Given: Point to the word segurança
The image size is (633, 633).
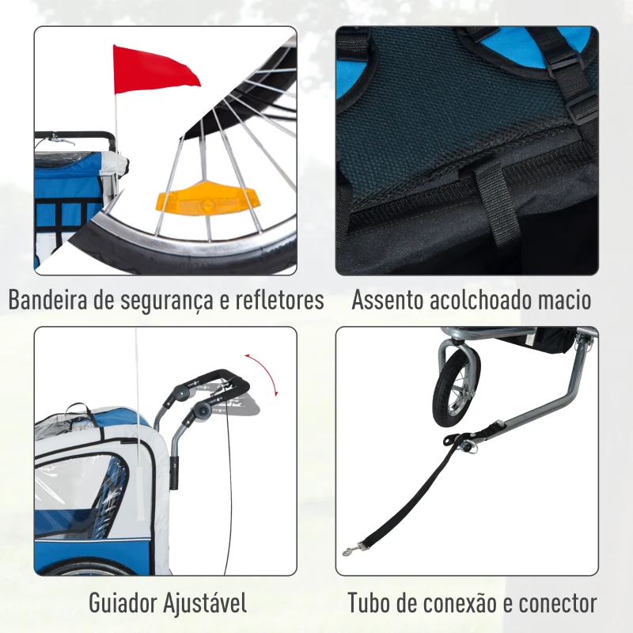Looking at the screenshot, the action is pos(167,301).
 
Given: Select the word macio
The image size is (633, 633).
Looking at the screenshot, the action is pos(563,300).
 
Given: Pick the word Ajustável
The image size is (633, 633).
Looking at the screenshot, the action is pos(205,603).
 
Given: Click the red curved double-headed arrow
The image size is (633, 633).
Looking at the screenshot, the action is pos(267,372).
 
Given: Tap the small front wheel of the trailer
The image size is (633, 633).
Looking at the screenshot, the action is pos(457,387).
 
